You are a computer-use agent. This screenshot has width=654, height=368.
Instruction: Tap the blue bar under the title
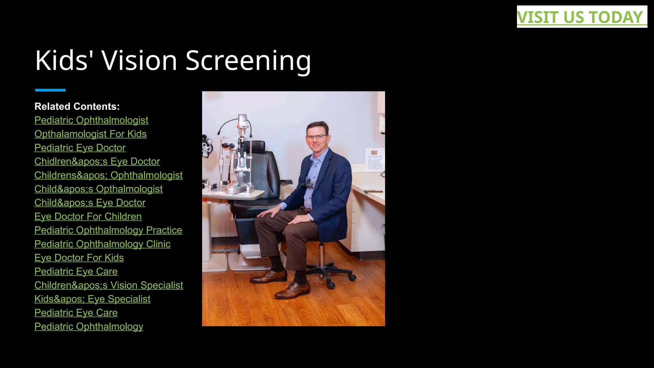tap(50, 90)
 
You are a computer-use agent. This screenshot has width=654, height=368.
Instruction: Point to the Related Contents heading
tap(77, 106)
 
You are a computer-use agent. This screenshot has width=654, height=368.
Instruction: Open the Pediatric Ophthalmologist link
tap(91, 120)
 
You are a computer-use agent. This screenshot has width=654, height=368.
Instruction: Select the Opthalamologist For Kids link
tap(90, 134)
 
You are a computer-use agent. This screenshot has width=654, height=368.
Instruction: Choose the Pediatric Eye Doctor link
tap(80, 148)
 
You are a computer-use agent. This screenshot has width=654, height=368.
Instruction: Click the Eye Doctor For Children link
tap(88, 216)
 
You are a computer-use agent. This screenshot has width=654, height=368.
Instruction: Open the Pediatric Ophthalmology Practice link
tap(108, 230)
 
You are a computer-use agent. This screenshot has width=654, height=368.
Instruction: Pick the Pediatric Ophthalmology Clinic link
tap(102, 244)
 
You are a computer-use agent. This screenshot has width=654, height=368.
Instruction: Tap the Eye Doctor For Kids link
tap(79, 257)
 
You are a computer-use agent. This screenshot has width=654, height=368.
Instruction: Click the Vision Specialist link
tap(109, 285)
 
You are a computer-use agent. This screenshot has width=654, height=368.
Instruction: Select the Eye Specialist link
tap(92, 299)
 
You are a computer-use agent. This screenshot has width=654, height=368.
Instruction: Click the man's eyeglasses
tap(316, 137)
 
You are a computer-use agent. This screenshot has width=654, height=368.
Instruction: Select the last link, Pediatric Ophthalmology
tap(89, 326)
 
